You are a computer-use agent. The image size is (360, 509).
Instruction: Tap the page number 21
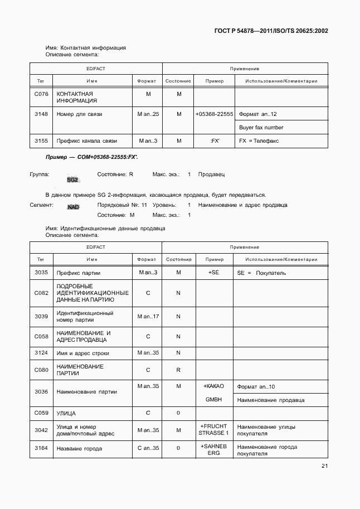(324, 467)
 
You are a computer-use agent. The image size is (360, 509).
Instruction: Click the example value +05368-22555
(214, 114)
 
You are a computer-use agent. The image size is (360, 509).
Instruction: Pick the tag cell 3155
(41, 141)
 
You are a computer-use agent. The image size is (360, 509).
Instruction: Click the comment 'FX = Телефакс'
(259, 141)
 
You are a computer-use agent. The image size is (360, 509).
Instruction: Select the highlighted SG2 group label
(73, 180)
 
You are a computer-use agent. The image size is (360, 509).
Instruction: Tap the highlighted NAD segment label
(73, 207)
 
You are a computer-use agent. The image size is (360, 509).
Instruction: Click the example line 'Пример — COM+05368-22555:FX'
(92, 158)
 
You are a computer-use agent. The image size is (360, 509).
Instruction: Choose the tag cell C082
(41, 293)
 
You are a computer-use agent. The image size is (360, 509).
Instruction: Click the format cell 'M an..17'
(148, 317)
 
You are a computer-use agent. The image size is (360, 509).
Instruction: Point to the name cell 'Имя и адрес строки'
(83, 353)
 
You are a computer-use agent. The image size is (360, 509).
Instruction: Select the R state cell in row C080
(178, 370)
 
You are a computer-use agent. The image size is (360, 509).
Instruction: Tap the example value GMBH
(214, 400)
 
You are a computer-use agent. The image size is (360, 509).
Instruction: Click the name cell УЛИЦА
(66, 413)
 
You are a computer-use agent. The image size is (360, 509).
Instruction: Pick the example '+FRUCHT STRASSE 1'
(214, 429)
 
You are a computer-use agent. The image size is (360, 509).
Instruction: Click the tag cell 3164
(41, 449)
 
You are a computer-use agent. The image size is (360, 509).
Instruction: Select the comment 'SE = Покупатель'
(261, 273)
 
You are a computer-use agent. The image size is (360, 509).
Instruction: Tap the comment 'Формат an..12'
(257, 114)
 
